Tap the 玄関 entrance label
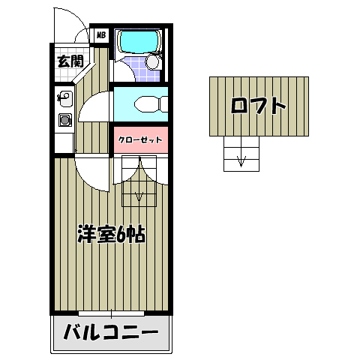tap(70, 61)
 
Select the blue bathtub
tap(138, 42)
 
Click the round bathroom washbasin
tap(152, 62)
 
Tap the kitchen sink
tap(64, 96)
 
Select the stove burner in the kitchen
tap(64, 119)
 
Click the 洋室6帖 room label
tap(112, 234)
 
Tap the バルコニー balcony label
tap(110, 331)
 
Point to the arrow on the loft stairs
tap(241, 159)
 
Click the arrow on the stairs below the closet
tap(139, 196)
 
